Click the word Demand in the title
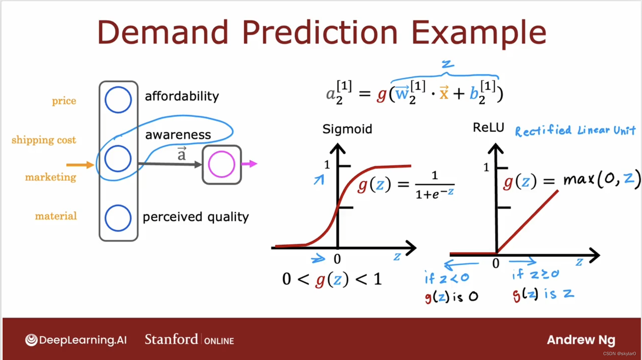[163, 32]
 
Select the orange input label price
[64, 101]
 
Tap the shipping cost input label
[44, 140]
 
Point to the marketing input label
[51, 177]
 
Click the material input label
[56, 216]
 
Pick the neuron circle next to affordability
[118, 87]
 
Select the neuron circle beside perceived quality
[118, 205]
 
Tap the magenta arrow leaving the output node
[249, 164]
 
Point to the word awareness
[178, 135]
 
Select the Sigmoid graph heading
[347, 129]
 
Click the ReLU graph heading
[488, 127]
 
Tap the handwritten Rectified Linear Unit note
[575, 130]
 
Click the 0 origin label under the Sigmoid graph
[337, 259]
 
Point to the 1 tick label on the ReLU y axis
[486, 167]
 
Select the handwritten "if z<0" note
[447, 278]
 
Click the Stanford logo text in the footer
[171, 339]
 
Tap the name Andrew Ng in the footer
[581, 340]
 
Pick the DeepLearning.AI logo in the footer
[76, 340]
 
